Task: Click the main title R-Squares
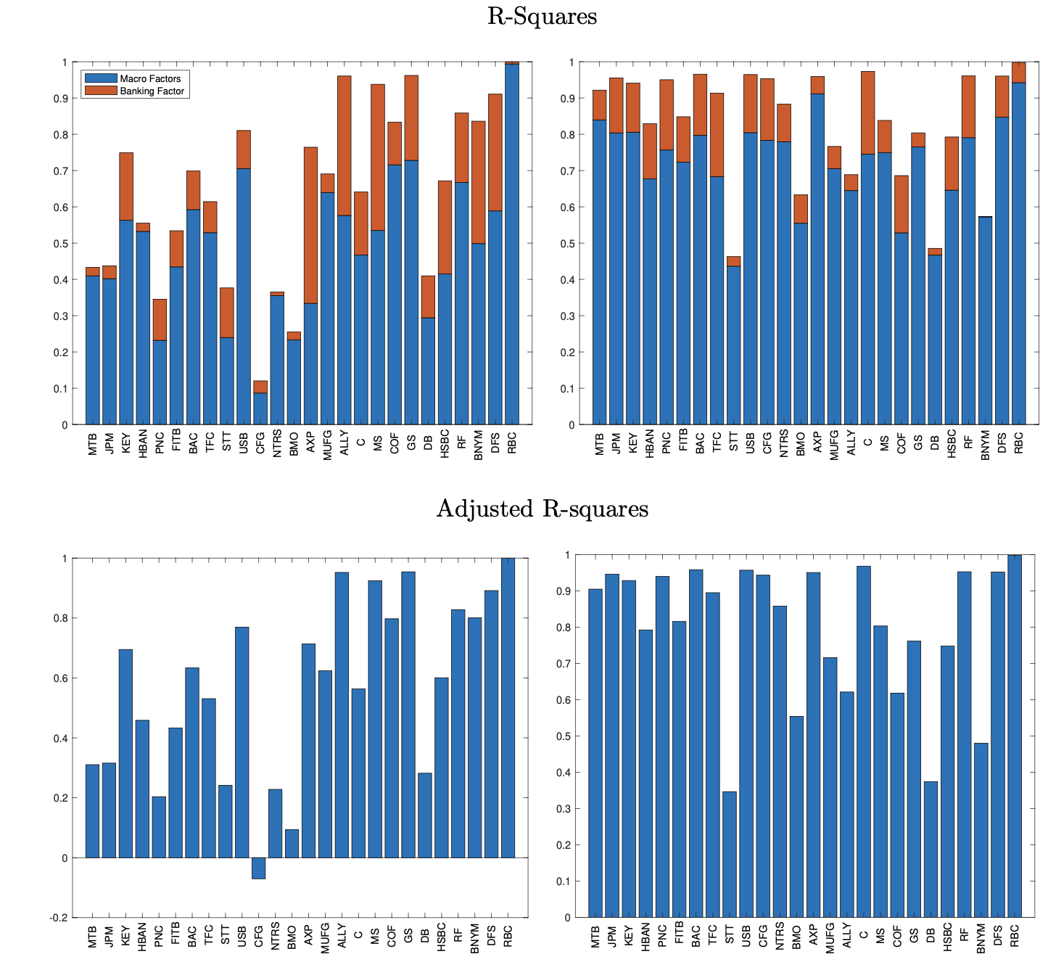click(x=542, y=17)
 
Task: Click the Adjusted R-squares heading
click(x=542, y=509)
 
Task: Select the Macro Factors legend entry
click(x=150, y=78)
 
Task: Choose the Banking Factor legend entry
click(x=152, y=91)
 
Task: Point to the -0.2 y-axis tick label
click(x=59, y=918)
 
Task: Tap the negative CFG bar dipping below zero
click(x=259, y=868)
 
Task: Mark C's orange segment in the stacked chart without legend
click(x=867, y=112)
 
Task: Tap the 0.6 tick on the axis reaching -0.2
click(x=63, y=678)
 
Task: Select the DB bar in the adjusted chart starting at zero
click(x=931, y=849)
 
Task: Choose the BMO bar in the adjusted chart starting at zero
click(x=796, y=816)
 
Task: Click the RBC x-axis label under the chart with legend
click(x=512, y=444)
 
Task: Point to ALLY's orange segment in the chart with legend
click(x=344, y=145)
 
